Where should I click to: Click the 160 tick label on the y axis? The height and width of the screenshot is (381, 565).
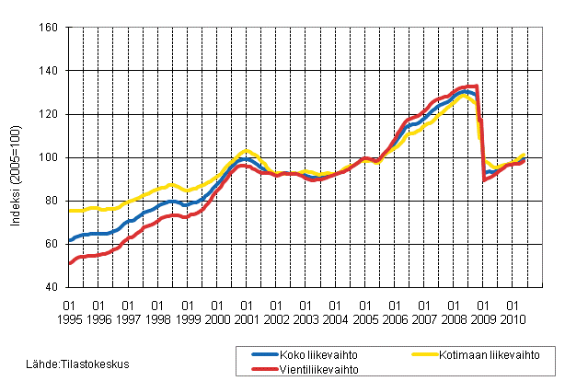click(51, 28)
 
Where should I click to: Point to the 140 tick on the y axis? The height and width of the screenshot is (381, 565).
click(51, 71)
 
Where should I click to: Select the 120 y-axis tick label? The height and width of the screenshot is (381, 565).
click(51, 114)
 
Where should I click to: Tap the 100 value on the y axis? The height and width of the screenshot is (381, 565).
click(51, 157)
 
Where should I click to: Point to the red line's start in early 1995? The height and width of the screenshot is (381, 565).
click(70, 263)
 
